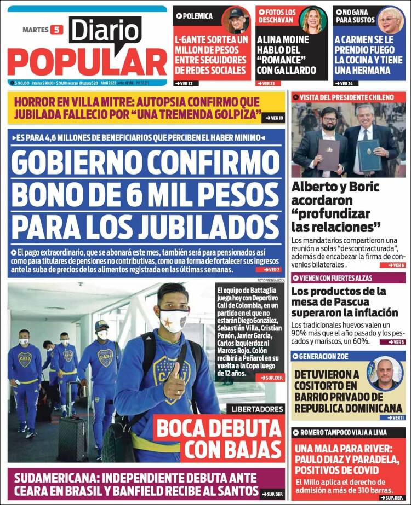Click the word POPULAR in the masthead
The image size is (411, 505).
[87, 62]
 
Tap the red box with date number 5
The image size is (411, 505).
[56, 30]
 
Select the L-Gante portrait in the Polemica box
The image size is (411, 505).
[236, 21]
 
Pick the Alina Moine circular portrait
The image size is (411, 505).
[313, 21]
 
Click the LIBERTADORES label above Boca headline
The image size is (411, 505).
[257, 409]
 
